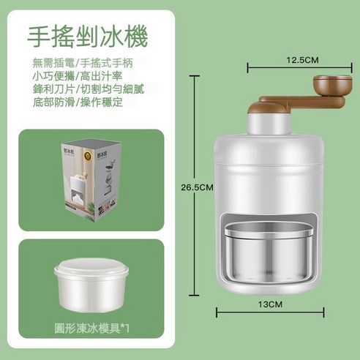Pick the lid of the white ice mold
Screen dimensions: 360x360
(x=86, y=269)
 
